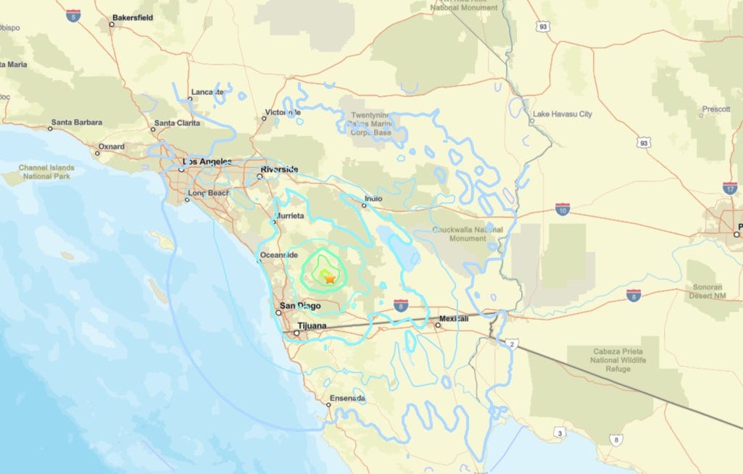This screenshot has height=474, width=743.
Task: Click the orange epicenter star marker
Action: (x=330, y=278)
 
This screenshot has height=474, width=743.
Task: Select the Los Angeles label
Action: (x=207, y=162)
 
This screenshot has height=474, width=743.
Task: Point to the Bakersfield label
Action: (x=133, y=17)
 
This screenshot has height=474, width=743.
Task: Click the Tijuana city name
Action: (x=311, y=326)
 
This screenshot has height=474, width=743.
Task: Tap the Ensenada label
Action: (x=347, y=399)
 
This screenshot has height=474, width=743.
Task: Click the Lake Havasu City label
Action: (x=562, y=114)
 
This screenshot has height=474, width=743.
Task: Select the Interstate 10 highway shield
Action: (x=562, y=209)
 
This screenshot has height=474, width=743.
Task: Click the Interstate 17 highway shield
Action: (x=730, y=188)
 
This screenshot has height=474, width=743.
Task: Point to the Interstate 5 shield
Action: (x=72, y=14)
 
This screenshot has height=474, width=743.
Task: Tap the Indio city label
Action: (x=373, y=197)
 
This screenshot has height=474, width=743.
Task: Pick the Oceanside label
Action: (x=279, y=255)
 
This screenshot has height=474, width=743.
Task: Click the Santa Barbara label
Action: (x=77, y=122)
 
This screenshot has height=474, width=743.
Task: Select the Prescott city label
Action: (x=715, y=109)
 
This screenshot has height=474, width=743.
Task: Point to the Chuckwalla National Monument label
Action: (x=467, y=233)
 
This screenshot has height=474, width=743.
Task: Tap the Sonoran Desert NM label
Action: (x=707, y=291)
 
